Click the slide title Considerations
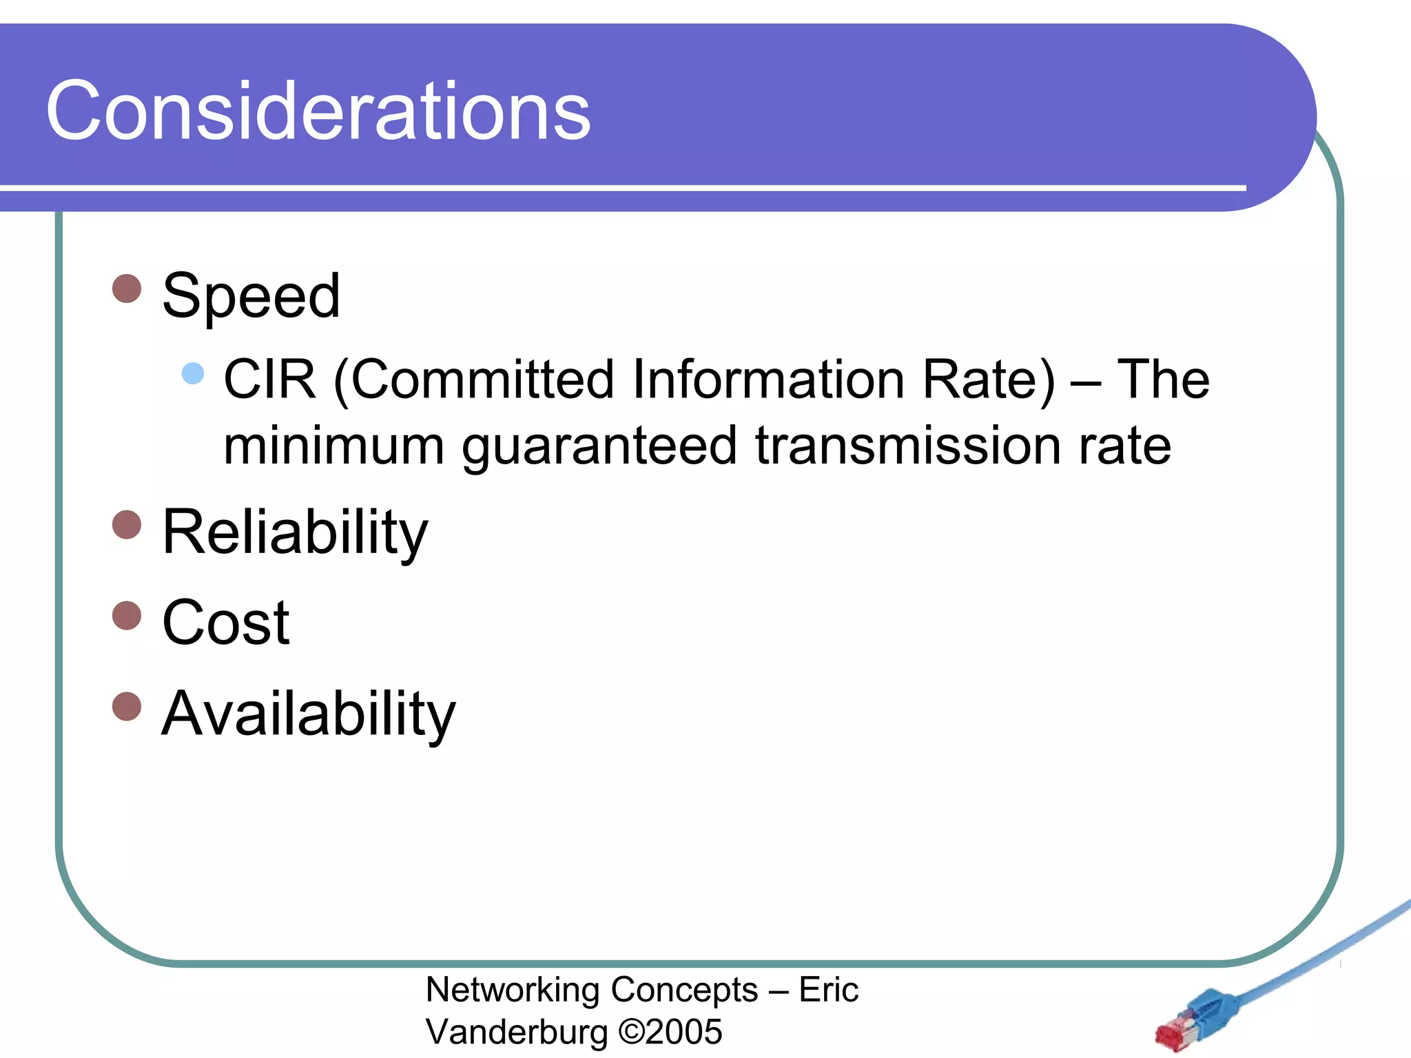point(318,110)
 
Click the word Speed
point(251,296)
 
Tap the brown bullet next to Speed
point(127,289)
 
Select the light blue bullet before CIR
point(193,373)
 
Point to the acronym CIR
point(269,380)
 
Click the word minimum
point(333,446)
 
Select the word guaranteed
point(599,446)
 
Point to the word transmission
point(907,446)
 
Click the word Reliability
point(295,532)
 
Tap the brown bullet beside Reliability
point(127,524)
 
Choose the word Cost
point(226,623)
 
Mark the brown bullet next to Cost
point(127,615)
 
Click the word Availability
point(308,714)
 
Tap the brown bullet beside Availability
point(127,706)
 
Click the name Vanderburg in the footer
point(517,1032)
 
